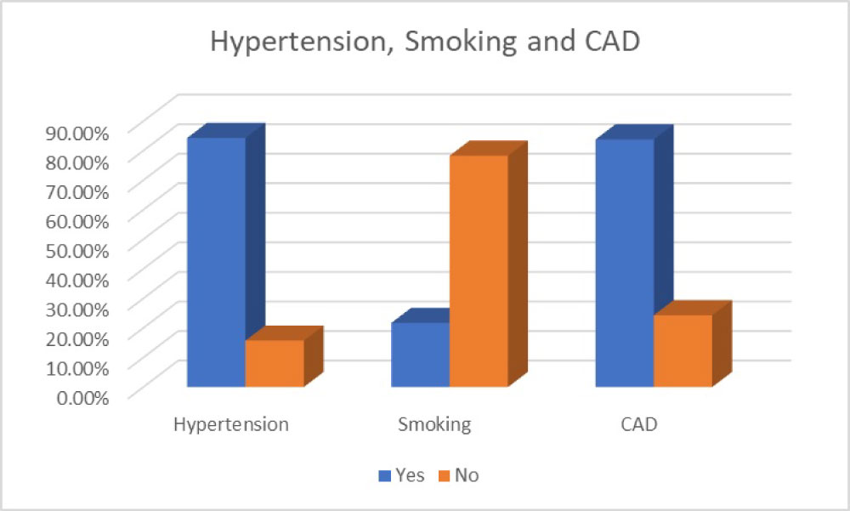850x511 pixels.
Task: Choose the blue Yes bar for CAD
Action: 624,263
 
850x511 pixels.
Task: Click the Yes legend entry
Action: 401,475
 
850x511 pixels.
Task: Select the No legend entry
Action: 458,475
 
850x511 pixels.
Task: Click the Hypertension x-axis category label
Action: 230,424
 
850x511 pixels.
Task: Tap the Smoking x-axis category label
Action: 433,424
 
